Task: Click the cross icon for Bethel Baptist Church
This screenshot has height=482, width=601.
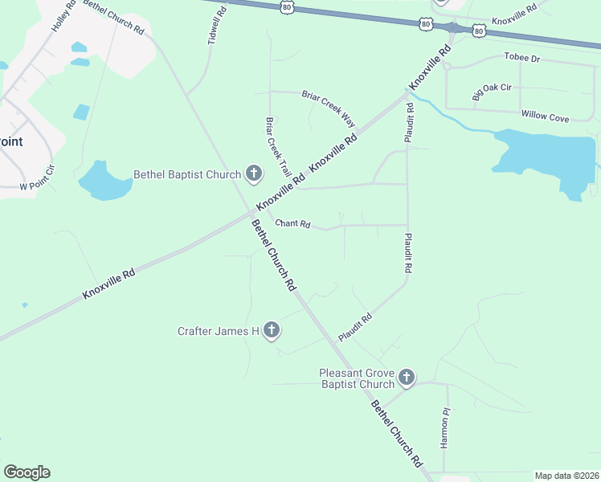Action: pyautogui.click(x=254, y=174)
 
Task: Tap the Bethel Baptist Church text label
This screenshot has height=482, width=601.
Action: pyautogui.click(x=187, y=174)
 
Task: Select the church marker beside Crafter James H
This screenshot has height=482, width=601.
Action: pyautogui.click(x=272, y=329)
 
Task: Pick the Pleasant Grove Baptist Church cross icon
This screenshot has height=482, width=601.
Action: pyautogui.click(x=407, y=377)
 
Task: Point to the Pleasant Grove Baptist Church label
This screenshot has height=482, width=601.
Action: pyautogui.click(x=356, y=378)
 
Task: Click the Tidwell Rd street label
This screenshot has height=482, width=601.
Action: pyautogui.click(x=213, y=27)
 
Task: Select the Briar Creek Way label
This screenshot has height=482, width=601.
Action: pyautogui.click(x=328, y=108)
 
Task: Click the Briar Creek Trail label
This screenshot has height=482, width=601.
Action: pyautogui.click(x=278, y=147)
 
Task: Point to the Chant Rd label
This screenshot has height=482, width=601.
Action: pyautogui.click(x=292, y=224)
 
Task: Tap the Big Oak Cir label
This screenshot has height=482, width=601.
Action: pyautogui.click(x=492, y=92)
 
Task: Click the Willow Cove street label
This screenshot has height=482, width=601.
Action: pyautogui.click(x=545, y=117)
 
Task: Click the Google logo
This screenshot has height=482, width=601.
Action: pyautogui.click(x=27, y=472)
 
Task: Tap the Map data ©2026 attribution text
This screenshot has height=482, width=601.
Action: pyautogui.click(x=566, y=476)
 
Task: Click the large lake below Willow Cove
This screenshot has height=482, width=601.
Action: pyautogui.click(x=546, y=157)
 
